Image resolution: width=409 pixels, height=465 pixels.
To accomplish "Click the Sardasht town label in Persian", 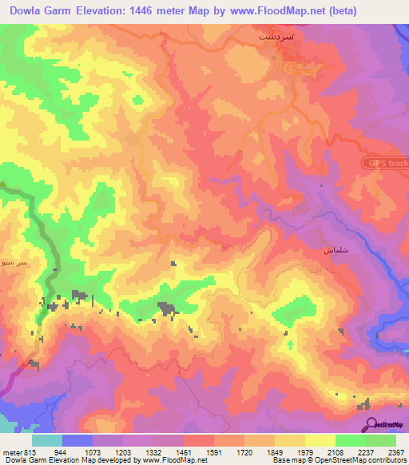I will tap(272, 37).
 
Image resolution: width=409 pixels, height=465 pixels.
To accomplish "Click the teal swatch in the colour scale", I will tap(47, 440).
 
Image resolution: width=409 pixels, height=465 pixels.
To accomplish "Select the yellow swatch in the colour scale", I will tap(320, 440).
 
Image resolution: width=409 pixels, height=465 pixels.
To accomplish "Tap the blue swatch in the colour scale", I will tap(77, 440).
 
